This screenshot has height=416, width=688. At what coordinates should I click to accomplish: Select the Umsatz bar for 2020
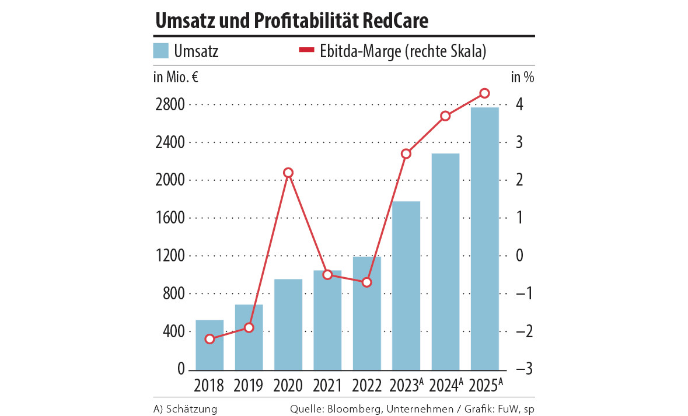[288, 324]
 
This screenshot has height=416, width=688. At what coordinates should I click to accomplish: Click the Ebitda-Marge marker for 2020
[288, 173]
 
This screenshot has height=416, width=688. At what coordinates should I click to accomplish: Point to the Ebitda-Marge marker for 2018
[209, 339]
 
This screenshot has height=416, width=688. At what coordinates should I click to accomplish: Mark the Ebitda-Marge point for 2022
[366, 282]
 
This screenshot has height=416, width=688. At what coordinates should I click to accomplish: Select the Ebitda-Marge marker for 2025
[484, 93]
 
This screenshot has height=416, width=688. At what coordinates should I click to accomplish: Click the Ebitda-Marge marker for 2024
[445, 116]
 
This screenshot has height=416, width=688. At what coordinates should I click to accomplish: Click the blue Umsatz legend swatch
[160, 51]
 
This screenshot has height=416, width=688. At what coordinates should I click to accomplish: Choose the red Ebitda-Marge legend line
[306, 51]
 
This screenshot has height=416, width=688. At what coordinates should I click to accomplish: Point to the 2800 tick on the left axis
[170, 105]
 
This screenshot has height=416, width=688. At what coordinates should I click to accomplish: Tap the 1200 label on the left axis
[170, 256]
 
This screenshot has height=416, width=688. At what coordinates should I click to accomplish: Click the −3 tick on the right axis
[518, 370]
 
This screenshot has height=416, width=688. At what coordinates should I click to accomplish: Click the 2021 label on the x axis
[327, 386]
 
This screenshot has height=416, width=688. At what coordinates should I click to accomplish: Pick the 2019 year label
[249, 386]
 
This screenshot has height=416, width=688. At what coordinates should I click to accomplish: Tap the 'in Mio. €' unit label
[176, 76]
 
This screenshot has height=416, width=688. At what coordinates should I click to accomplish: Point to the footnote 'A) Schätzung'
[185, 409]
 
